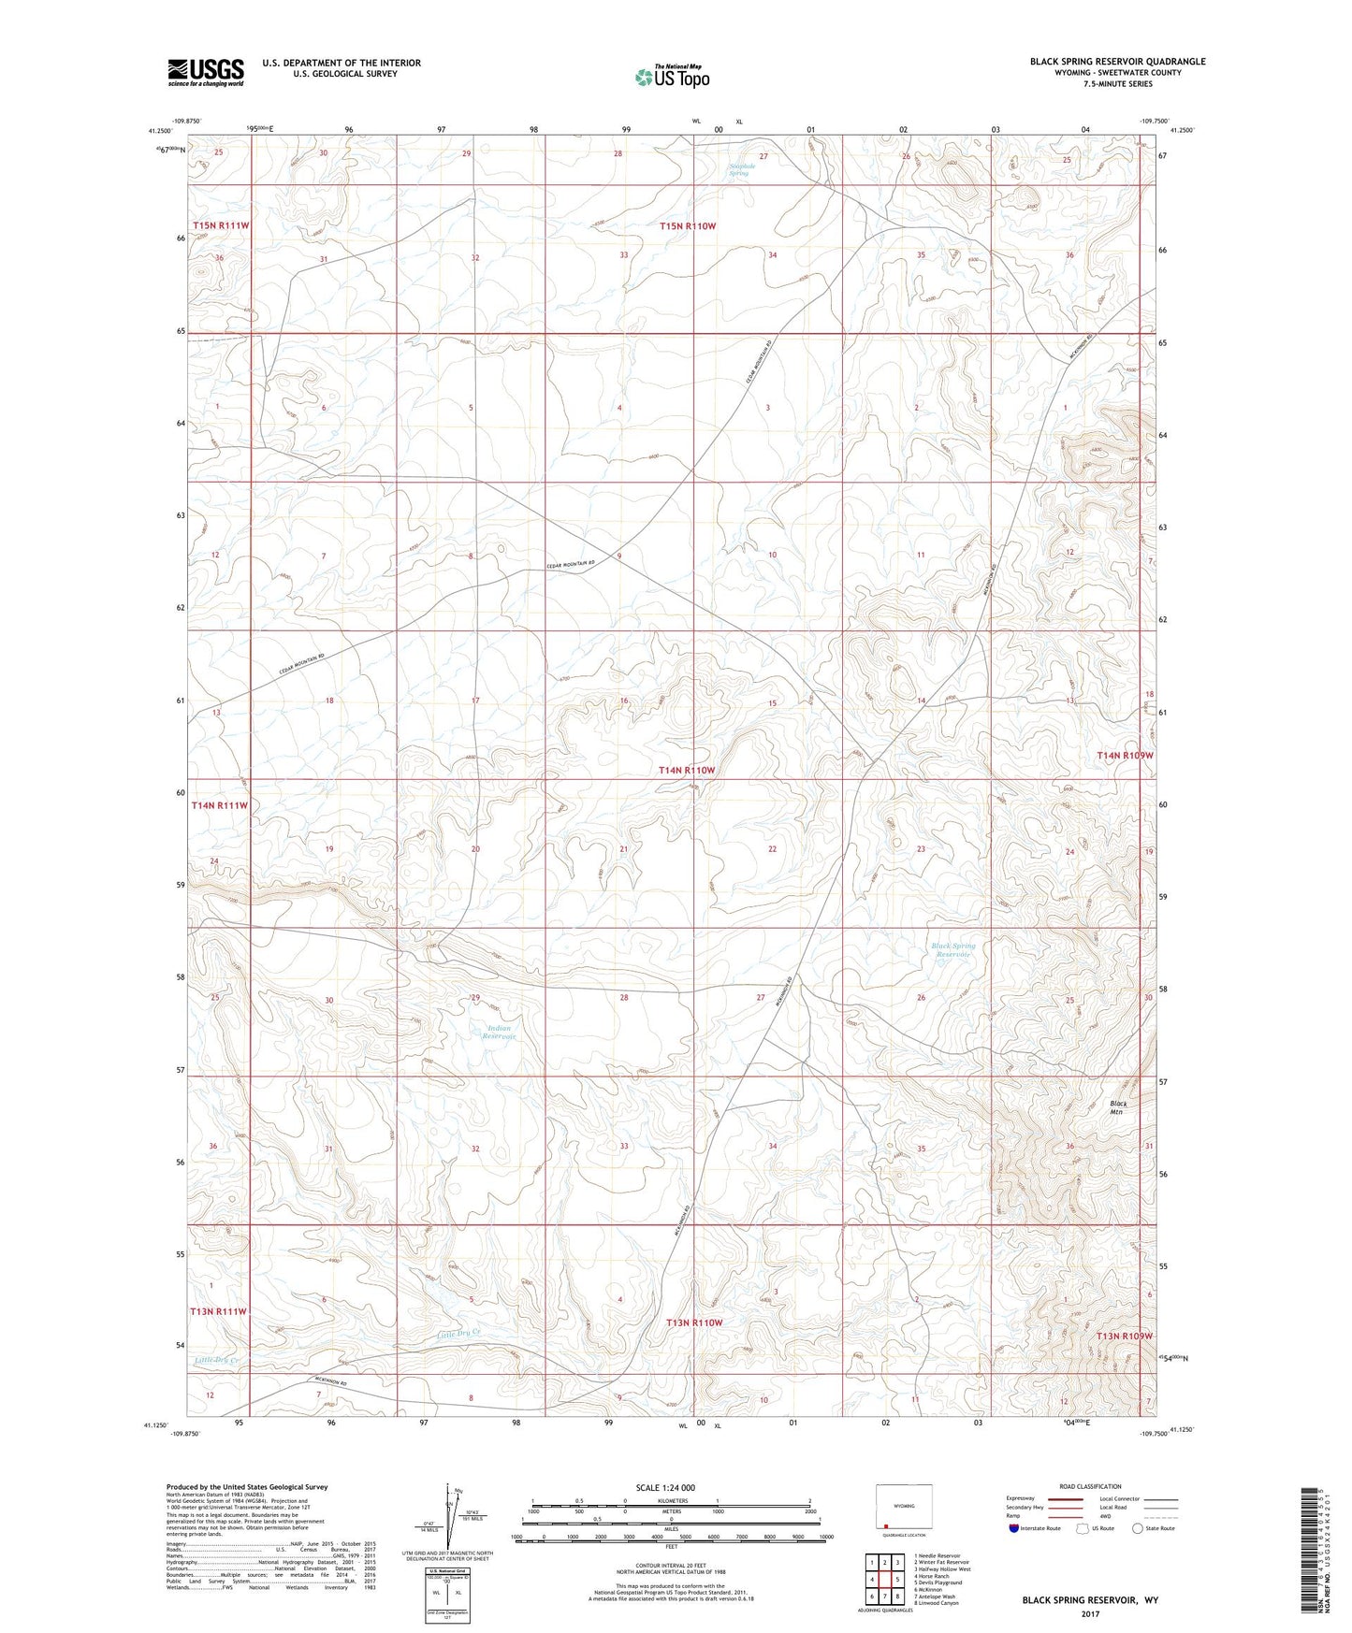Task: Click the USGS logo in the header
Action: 206,72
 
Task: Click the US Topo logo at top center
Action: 672,76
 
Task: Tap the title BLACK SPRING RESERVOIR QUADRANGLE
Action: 1117,62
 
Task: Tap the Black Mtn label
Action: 1118,1108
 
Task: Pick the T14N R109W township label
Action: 1125,755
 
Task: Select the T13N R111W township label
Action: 219,1311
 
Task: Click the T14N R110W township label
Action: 686,770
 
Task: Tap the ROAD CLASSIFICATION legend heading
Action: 1090,1486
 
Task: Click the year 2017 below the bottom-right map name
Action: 1089,1613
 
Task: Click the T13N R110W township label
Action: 694,1322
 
